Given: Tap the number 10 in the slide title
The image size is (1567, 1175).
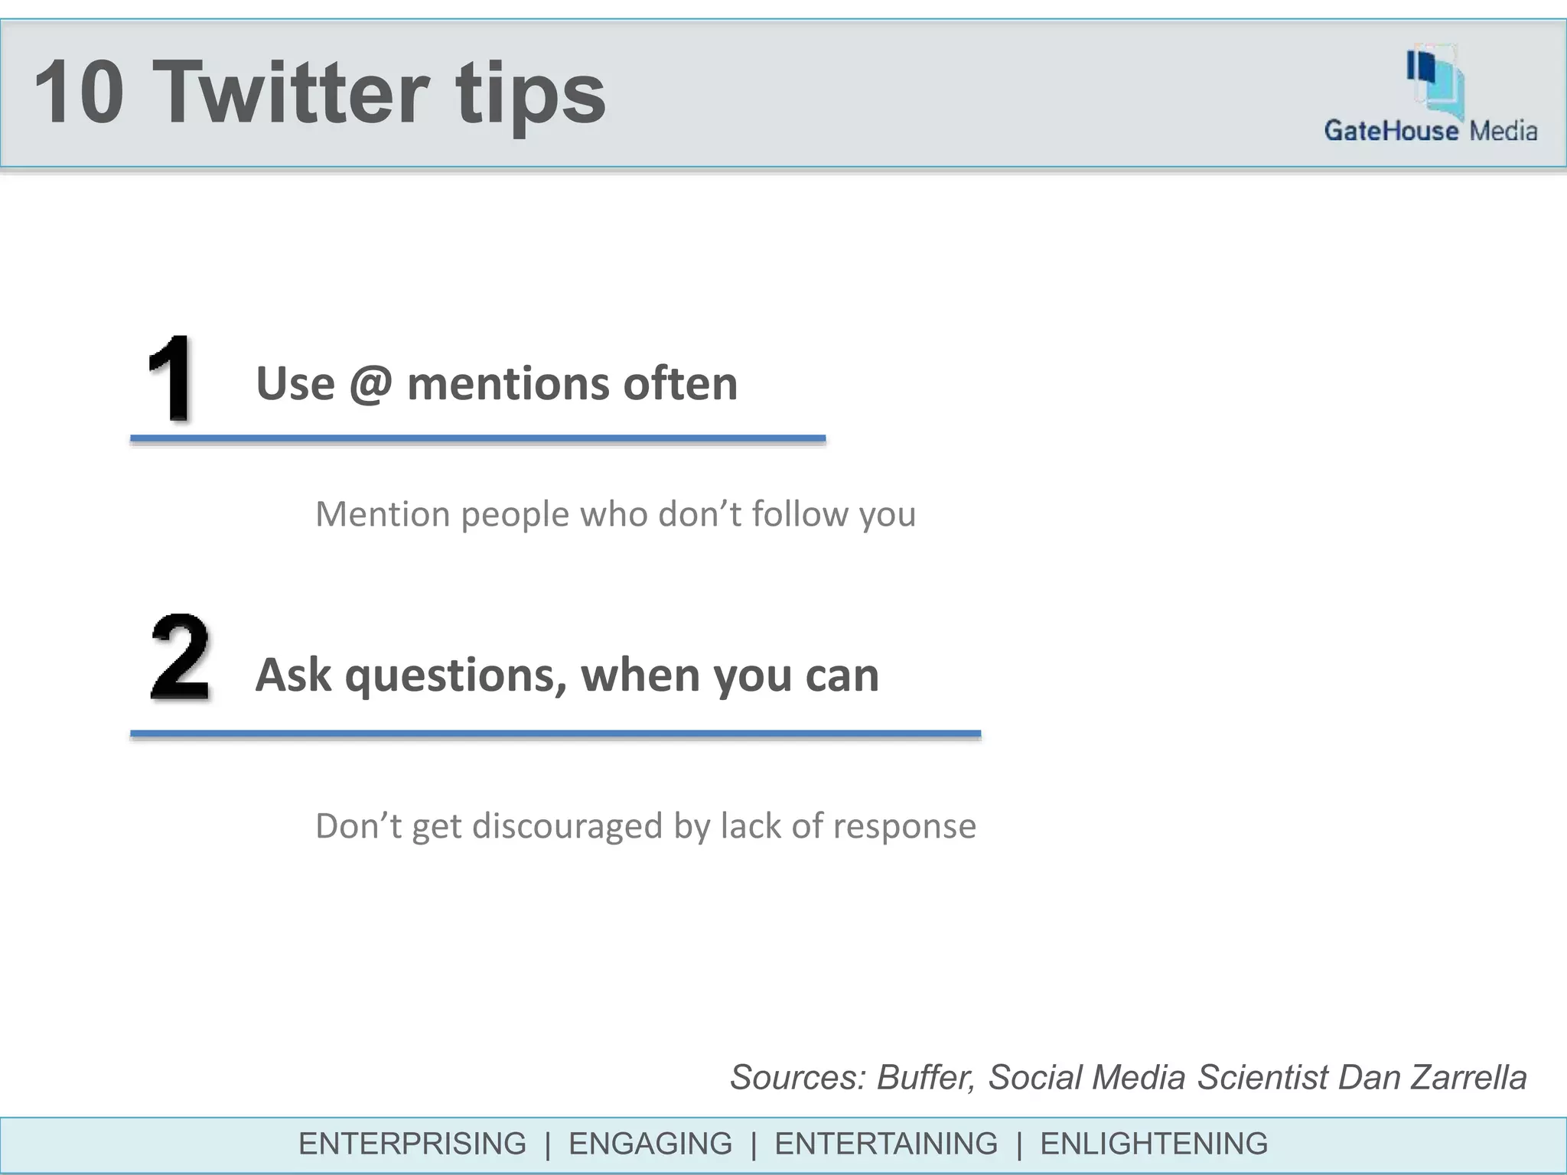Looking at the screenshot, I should point(79,93).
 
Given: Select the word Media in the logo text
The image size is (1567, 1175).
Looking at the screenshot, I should point(1503,131).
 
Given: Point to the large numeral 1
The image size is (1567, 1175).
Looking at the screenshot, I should point(170,378).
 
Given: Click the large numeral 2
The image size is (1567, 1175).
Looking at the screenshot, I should point(180,658).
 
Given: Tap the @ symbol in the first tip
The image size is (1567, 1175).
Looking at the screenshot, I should point(371,383).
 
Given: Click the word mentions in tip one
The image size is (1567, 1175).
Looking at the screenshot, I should point(507,383).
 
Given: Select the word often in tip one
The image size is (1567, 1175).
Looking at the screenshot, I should point(680,383).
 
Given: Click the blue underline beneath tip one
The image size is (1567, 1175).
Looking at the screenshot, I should point(477,438).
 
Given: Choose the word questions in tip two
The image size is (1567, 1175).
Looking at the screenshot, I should point(456,675).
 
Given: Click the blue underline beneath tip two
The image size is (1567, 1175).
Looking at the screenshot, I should point(555,734).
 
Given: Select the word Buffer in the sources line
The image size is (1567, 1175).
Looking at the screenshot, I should point(925,1077).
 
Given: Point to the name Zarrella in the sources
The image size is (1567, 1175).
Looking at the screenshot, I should point(1468,1077).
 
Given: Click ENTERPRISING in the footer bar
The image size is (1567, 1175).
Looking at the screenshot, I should point(412,1144).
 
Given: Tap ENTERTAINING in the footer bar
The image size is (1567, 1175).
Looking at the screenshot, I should point(886,1144).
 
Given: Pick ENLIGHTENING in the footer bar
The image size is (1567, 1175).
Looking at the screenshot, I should point(1154,1144).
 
